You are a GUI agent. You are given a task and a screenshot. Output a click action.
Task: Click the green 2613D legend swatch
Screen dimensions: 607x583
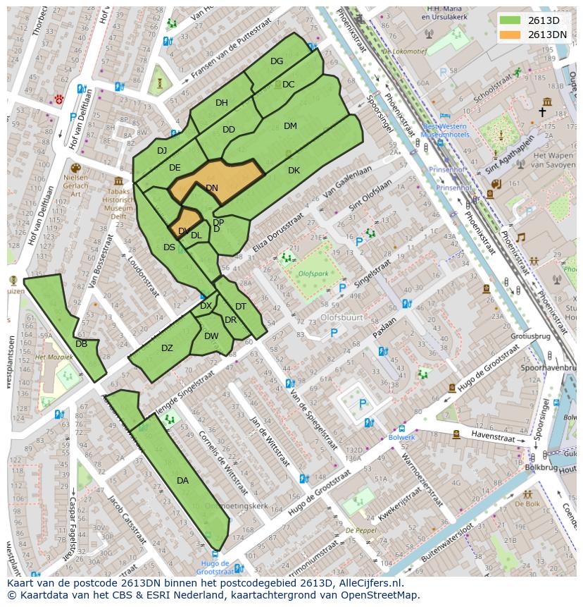click(x=510, y=20)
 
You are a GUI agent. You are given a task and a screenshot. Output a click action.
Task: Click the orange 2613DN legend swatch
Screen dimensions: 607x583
click(x=510, y=35)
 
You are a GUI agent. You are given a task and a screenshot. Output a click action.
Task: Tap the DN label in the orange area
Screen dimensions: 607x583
click(x=212, y=188)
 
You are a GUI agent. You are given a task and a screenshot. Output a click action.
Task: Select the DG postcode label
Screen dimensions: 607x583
click(x=277, y=61)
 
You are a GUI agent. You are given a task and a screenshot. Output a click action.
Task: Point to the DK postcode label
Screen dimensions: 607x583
click(x=294, y=171)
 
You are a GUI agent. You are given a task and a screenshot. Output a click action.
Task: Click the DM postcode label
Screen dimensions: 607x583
click(x=290, y=126)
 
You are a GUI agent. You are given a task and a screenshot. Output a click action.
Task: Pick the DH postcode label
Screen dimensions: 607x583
click(x=222, y=103)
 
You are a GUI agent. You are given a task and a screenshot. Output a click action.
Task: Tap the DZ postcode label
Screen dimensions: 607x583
click(x=167, y=348)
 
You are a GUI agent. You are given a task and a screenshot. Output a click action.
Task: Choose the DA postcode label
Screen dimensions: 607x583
click(x=182, y=481)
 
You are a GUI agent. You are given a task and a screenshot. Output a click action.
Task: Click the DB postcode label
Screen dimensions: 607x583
click(x=81, y=344)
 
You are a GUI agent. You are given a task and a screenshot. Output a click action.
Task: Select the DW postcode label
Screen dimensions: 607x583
click(x=211, y=336)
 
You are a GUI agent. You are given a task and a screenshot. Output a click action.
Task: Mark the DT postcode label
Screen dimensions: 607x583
click(x=241, y=307)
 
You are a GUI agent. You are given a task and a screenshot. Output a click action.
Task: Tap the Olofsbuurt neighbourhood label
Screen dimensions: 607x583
click(x=341, y=318)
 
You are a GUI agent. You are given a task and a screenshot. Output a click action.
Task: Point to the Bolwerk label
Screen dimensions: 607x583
click(x=402, y=437)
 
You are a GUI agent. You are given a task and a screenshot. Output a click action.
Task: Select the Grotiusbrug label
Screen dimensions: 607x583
click(x=530, y=336)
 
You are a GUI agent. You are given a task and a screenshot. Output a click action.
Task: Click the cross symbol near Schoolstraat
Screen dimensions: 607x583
click(x=542, y=112)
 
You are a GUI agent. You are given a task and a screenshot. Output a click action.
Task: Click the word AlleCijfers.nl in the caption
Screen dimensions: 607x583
click(x=366, y=583)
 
